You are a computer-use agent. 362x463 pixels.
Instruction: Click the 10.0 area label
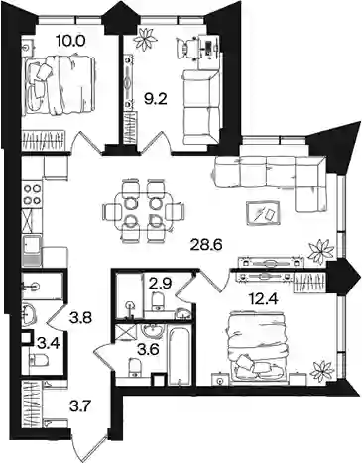70,41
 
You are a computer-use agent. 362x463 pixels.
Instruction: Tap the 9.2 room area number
158,99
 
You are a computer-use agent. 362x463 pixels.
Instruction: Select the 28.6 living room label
207,245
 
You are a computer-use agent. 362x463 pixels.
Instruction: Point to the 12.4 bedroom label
263,300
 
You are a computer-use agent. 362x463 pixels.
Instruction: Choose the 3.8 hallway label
79,319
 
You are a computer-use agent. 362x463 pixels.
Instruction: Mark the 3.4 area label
49,344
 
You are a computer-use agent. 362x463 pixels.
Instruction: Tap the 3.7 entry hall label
79,404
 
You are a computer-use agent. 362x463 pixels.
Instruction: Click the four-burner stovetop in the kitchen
33,194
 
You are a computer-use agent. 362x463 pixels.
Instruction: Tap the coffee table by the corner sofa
264,214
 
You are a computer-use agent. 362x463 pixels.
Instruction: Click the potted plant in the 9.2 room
145,40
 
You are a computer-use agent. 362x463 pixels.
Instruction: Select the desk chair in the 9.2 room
185,47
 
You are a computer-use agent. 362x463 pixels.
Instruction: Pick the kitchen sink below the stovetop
33,251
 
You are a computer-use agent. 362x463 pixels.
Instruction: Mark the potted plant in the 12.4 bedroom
322,371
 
